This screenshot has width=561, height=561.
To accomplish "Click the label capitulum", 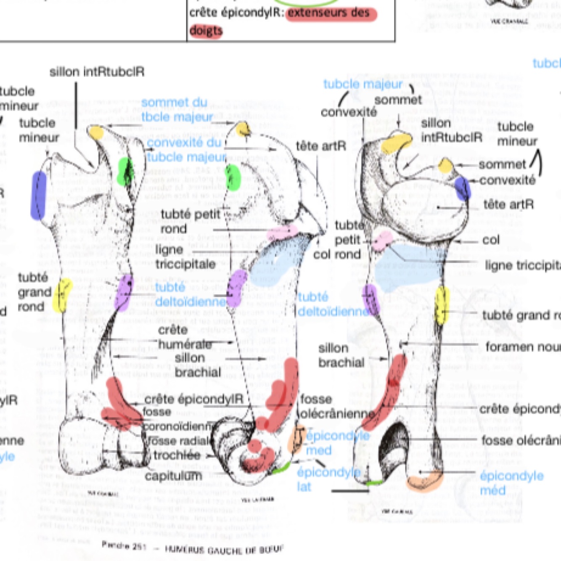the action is (x=173, y=476).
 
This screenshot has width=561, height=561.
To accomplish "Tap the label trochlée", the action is (x=177, y=455).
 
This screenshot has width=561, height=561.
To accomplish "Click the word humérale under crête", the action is (x=185, y=344).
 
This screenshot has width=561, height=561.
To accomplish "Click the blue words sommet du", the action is (x=174, y=102).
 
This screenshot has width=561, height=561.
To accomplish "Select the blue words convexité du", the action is (x=184, y=143).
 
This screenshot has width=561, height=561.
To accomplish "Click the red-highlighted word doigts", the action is (x=206, y=31).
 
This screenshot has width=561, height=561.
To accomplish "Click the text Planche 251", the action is (x=124, y=545).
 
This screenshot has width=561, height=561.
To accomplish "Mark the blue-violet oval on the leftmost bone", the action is (x=38, y=195).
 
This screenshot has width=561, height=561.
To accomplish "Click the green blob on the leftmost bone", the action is (x=125, y=171).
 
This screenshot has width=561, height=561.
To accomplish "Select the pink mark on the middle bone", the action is (x=282, y=232).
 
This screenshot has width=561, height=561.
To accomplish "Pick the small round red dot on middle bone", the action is (x=254, y=445).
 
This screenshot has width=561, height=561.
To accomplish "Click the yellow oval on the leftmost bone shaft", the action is (x=63, y=295).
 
